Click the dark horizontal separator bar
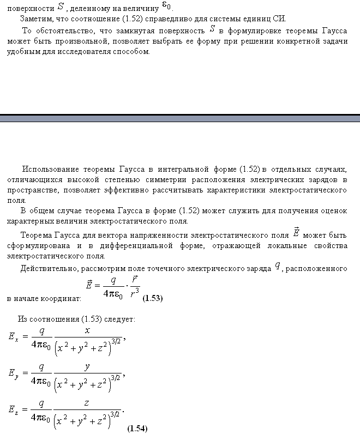coord(180,118)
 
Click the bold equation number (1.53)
coord(152,299)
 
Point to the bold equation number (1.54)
coord(137,429)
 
